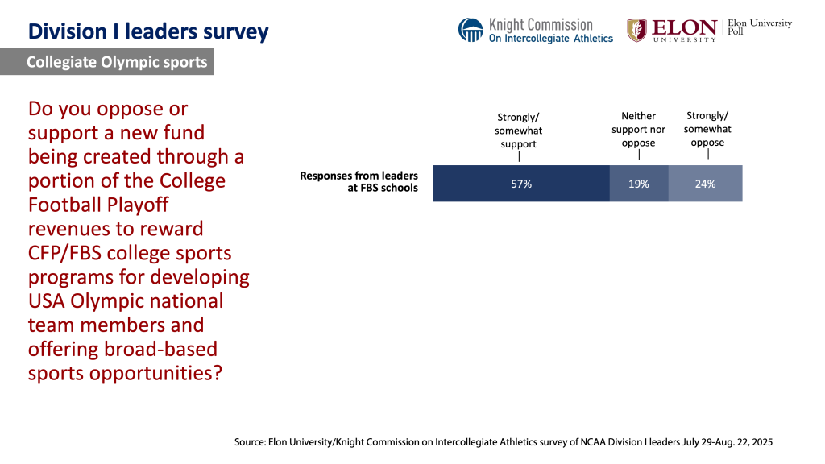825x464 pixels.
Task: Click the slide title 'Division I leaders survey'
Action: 148,32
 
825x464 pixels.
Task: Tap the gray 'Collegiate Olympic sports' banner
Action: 116,62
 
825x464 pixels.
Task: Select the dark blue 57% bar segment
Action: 520,184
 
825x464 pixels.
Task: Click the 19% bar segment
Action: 638,184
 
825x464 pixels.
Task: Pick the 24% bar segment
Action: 705,184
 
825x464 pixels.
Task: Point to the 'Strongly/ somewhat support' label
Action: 519,130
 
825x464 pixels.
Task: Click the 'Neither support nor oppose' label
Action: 638,130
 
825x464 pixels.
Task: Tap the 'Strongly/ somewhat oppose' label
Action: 707,129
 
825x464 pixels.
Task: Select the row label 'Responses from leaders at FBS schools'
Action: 359,182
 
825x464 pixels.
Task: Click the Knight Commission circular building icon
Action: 471,30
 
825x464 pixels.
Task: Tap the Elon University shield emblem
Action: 636,30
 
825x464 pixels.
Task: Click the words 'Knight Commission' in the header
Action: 541,24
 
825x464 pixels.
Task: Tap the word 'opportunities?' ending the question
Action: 166,374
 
